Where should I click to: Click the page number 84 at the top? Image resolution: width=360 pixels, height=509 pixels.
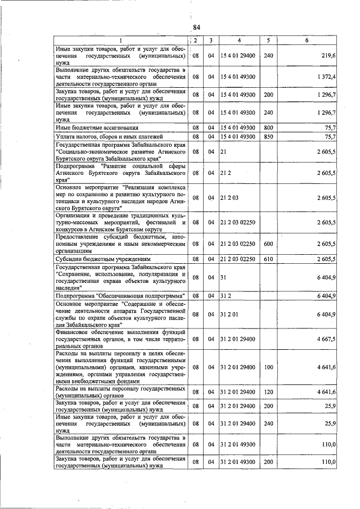[x=196, y=27]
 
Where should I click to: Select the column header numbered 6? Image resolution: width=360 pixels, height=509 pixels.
[x=307, y=40]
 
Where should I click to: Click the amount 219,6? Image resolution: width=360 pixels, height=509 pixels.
[x=328, y=56]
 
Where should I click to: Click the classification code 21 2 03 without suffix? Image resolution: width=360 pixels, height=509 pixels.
[x=229, y=198]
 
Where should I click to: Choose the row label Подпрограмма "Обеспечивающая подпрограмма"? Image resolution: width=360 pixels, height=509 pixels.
[x=120, y=295]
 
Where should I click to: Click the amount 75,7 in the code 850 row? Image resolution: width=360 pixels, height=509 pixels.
[x=330, y=137]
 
